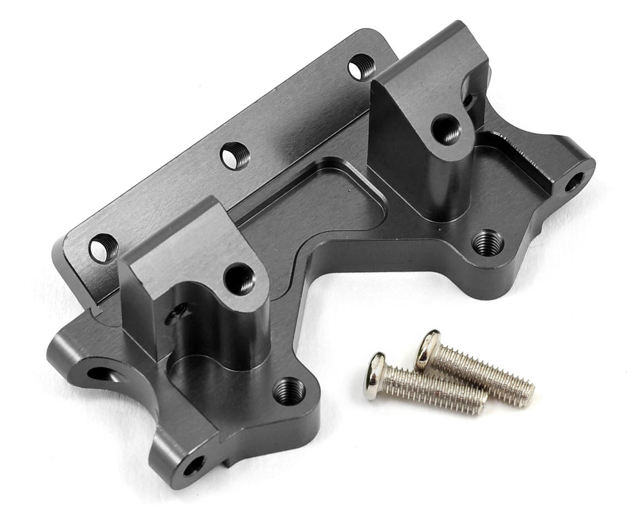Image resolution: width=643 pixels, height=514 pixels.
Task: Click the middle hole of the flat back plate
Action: (x=235, y=156)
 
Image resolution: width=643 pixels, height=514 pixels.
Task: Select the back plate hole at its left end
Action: (x=103, y=248)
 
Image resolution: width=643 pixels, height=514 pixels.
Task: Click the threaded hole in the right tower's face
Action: (x=446, y=129)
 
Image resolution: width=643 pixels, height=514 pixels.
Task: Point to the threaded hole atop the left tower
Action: (x=240, y=278)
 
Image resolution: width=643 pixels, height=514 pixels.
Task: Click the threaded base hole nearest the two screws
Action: (x=487, y=243)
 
